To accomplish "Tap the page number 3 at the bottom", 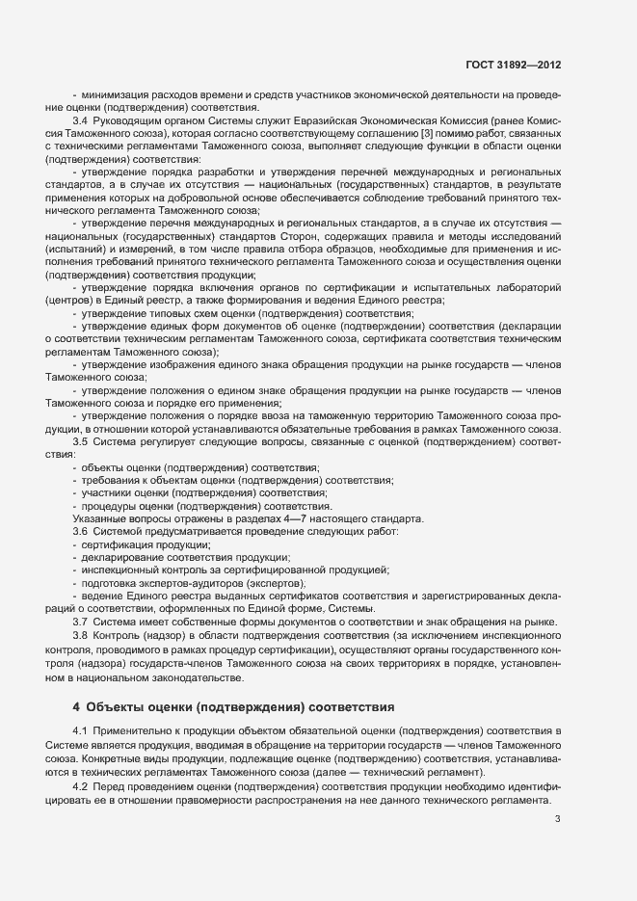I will coord(557,820).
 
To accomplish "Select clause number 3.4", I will coord(81,120).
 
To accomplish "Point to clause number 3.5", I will coord(81,441).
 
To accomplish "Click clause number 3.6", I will coord(81,532).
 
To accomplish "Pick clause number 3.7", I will coord(81,623).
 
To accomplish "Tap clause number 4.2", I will coord(81,788).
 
